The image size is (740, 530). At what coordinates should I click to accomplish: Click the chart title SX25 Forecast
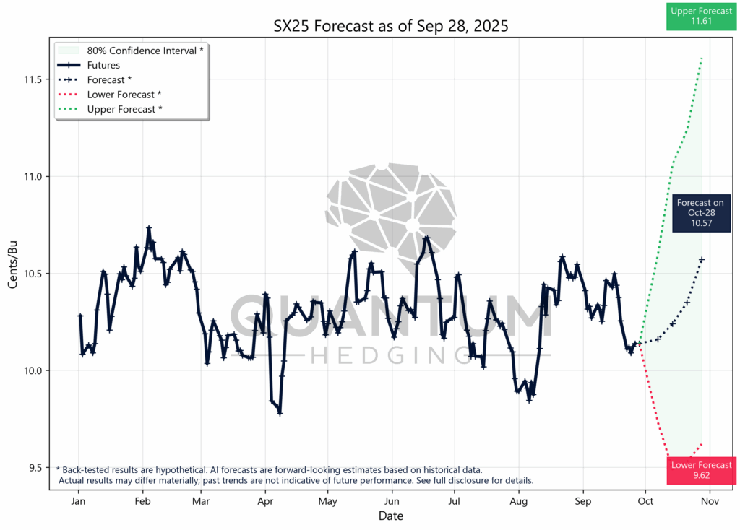point(390,27)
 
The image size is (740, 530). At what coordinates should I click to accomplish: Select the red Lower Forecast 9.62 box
point(701,471)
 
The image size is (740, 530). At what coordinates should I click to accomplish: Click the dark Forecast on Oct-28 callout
point(700,214)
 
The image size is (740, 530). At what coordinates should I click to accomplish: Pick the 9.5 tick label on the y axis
point(33,468)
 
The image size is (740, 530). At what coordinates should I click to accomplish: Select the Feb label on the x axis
point(142,501)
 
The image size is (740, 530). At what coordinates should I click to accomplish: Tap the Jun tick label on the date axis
point(391,501)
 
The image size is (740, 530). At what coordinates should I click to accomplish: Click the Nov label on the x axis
point(710,501)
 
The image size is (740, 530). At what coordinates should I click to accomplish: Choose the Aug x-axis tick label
point(518,501)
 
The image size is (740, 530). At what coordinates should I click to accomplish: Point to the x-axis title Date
point(390,516)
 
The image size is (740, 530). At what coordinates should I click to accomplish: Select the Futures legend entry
point(103,65)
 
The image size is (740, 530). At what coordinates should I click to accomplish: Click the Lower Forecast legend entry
point(124,95)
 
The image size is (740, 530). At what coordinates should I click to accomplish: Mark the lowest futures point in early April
point(280,413)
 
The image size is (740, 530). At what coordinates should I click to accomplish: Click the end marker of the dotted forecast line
point(702,259)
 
